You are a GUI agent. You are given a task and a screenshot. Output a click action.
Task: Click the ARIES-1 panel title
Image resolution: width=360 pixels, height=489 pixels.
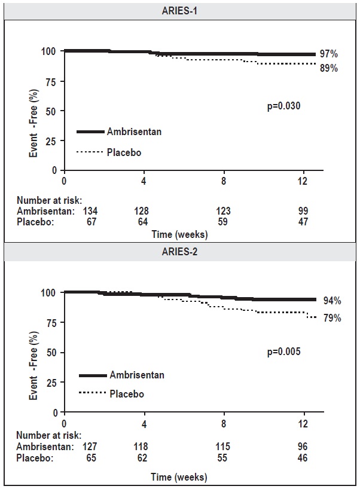click(x=180, y=10)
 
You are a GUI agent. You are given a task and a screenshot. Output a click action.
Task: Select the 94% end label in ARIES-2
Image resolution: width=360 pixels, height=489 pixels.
click(x=332, y=301)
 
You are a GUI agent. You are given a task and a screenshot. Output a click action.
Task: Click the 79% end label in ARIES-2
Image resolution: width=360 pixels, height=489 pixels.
click(x=332, y=318)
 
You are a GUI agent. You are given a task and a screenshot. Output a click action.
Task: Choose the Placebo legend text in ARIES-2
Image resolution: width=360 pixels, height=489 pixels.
click(x=127, y=394)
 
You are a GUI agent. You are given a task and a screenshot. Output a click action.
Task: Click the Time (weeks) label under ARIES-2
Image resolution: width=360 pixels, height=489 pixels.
click(x=179, y=477)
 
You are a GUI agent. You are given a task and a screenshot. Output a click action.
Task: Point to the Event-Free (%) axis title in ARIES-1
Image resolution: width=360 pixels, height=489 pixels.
click(x=35, y=111)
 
